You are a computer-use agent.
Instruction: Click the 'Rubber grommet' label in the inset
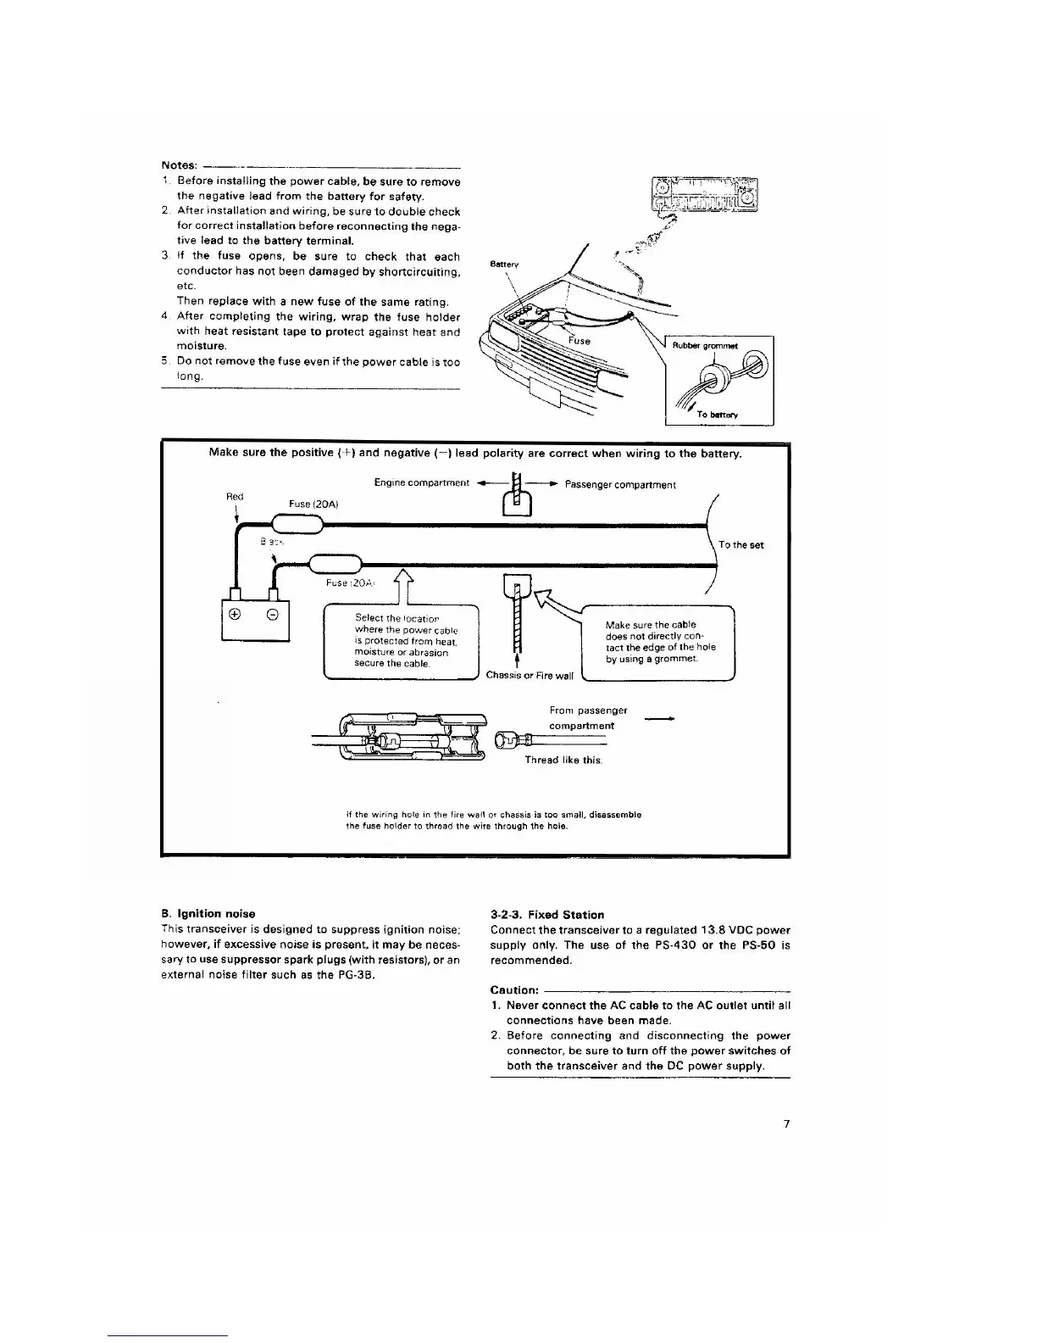(x=705, y=346)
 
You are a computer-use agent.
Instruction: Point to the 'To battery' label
(x=717, y=415)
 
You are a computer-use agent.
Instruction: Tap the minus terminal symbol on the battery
(x=274, y=615)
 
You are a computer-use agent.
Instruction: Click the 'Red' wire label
(x=235, y=497)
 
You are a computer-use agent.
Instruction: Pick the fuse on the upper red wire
(x=296, y=526)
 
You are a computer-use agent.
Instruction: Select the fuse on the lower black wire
(x=335, y=563)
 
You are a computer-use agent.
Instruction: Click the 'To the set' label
(x=740, y=545)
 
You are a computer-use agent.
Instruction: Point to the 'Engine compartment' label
(x=421, y=483)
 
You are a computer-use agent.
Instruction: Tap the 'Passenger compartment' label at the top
(x=620, y=485)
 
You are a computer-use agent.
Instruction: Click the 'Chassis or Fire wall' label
(x=530, y=676)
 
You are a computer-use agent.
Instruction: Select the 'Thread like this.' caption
(x=563, y=760)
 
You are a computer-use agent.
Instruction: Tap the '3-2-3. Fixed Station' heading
(x=547, y=915)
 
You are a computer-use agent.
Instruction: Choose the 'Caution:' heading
(x=514, y=990)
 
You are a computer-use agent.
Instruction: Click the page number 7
(x=785, y=1124)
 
